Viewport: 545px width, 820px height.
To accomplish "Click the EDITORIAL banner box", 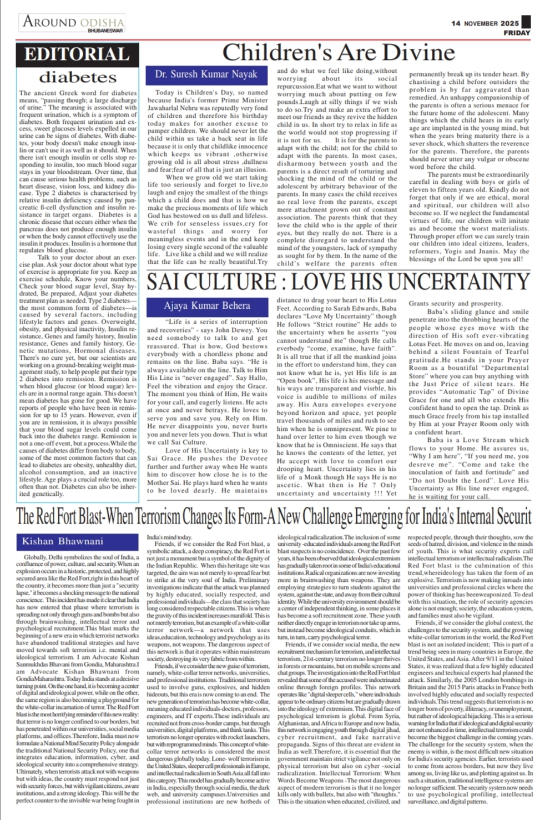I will (77, 54).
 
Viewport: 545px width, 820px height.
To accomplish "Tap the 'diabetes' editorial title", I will (78, 77).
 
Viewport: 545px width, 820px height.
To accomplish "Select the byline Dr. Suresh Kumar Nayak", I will (206, 74).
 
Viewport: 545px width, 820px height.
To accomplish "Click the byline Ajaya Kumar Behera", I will (206, 305).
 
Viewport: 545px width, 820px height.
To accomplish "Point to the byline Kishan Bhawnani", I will (63, 541).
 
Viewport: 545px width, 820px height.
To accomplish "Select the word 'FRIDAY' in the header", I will (517, 33).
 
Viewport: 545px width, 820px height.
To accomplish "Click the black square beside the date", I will (526, 22).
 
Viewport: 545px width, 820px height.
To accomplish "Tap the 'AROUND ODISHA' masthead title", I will (73, 22).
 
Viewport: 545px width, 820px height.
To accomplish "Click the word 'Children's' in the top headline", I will (270, 53).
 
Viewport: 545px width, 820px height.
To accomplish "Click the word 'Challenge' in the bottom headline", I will (336, 516).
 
